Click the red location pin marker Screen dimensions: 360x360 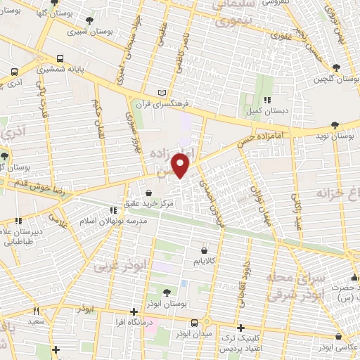pyautogui.click(x=181, y=165)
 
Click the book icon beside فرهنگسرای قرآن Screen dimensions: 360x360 pyautogui.click(x=163, y=92)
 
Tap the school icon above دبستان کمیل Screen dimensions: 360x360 pyautogui.click(x=267, y=101)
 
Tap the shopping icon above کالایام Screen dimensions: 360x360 pyautogui.click(x=205, y=250)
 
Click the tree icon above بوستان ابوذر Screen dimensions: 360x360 pyautogui.click(x=166, y=292)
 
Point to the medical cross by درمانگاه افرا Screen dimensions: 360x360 pyautogui.click(x=134, y=311)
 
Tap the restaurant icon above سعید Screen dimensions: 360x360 pyautogui.click(x=37, y=310)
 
